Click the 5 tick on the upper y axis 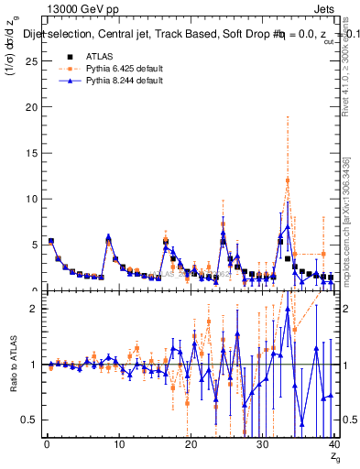point(36,245)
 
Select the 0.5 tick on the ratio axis point(31,420)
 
